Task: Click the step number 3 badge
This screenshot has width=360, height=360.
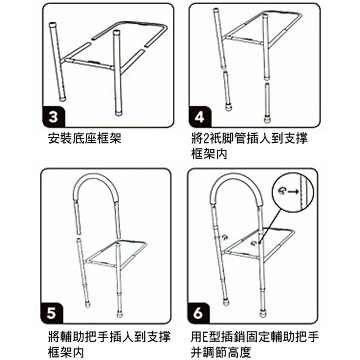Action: pos(53,117)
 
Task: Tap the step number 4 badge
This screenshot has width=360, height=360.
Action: pos(200,117)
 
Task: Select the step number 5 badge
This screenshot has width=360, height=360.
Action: pos(51,313)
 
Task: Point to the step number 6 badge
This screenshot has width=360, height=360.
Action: pos(198,313)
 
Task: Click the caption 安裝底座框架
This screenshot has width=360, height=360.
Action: pos(84,138)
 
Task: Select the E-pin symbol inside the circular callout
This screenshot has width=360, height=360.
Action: pos(282,190)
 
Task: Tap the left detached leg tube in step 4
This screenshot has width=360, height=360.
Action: pos(227,91)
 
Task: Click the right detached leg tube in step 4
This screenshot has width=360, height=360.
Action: pos(266,103)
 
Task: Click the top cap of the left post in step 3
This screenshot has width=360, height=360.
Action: pos(53,24)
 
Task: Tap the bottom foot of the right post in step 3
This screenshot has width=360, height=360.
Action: pos(118,114)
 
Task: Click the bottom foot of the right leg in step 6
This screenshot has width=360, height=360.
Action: pos(263,314)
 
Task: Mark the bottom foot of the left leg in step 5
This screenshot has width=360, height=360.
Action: pos(88,305)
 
